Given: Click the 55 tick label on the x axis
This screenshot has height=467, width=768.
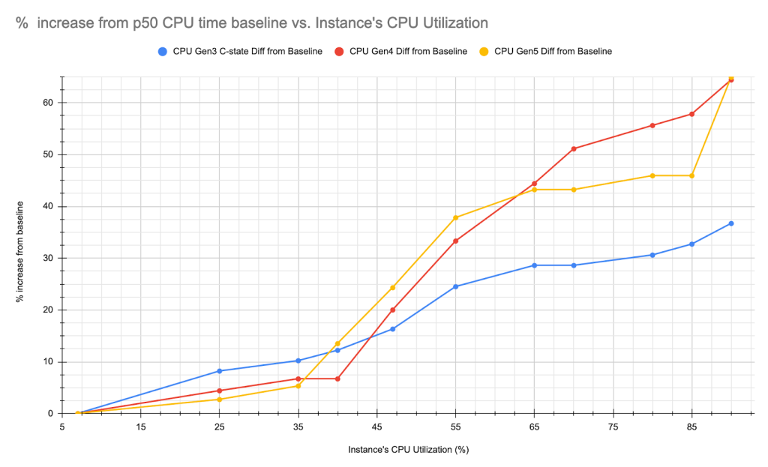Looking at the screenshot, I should coord(455,427).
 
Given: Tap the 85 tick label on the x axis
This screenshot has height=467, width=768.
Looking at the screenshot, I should coord(691,427).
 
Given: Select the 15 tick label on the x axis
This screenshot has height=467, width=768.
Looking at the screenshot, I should coord(141,427).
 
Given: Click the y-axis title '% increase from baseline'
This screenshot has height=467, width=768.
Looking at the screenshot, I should coord(20,251).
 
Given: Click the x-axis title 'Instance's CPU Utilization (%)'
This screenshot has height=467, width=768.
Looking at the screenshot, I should coord(408,450).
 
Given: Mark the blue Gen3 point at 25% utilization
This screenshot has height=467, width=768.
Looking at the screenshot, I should coord(220,371).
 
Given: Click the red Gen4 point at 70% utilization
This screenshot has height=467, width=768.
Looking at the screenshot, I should coord(574,148).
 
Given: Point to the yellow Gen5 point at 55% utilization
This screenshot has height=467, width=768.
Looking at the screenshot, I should coord(456,217).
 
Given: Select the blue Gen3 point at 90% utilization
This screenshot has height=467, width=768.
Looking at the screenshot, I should coord(730,223).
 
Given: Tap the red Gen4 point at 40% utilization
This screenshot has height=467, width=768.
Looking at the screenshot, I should coord(337,379).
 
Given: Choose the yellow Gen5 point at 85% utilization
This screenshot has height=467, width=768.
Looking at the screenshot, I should coord(691,175).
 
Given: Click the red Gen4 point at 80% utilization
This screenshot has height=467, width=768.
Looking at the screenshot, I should coord(652,125).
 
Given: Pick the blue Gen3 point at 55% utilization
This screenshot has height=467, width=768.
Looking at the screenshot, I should coord(456,286).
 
